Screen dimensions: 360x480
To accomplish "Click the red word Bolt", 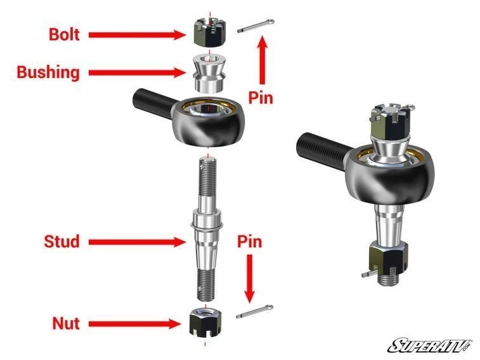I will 64,34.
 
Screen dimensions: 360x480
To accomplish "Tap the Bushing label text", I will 48,72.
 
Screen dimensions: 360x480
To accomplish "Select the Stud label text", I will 62,241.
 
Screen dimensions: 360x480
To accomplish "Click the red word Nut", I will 66,323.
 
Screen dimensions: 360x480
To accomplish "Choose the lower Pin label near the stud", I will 249,241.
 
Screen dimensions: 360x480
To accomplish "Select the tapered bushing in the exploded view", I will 208,72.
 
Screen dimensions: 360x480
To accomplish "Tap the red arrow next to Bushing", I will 136,73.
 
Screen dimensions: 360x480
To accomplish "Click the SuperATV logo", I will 430,345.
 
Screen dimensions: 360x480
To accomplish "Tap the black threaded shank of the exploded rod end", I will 153,101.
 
